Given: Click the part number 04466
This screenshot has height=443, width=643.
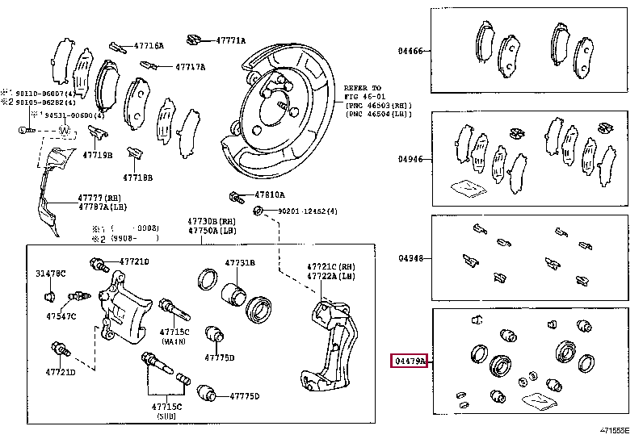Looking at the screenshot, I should [x=410, y=50].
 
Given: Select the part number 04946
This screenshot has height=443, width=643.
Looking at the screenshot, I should [x=410, y=159].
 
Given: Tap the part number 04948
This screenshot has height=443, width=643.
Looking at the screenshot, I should [x=410, y=259].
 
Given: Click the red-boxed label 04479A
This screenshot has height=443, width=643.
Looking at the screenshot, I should [x=410, y=362].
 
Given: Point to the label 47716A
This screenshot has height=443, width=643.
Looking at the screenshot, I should [x=149, y=46].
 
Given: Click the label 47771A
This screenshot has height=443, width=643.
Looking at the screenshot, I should [x=230, y=40].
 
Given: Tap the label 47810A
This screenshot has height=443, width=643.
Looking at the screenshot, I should [x=271, y=195].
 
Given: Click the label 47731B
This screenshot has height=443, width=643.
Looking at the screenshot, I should [x=240, y=263].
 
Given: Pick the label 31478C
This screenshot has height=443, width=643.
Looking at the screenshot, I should [x=50, y=274].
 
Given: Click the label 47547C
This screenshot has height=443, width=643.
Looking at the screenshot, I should [x=61, y=316].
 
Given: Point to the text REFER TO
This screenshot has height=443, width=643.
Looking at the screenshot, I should [x=362, y=87].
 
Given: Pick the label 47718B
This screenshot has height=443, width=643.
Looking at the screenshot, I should [x=137, y=177].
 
